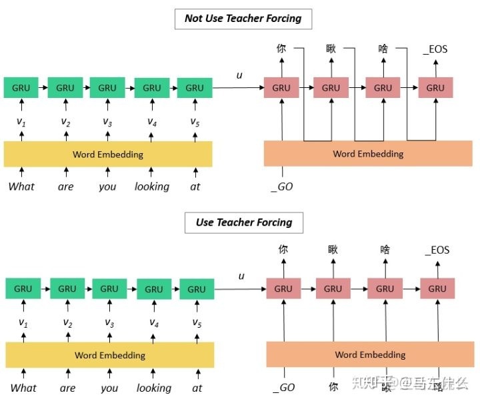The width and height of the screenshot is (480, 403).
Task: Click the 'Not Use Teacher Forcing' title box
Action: coord(243,19)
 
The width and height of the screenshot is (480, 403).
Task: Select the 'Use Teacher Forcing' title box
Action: coord(244,222)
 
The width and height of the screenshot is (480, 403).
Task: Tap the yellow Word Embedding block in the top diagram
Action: coord(108,154)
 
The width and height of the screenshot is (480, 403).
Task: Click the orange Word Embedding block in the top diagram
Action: coord(368,154)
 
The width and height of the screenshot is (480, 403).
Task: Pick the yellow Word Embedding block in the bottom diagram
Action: coord(110,355)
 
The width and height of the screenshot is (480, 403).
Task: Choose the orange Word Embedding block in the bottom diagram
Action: coord(370,354)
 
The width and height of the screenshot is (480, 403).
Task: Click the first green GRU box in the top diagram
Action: coord(21,87)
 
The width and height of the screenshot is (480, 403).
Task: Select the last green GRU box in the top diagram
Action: coord(195,87)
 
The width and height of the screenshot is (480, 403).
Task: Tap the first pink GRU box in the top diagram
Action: coord(281,87)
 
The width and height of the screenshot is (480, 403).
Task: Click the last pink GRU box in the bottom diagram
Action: coord(437,289)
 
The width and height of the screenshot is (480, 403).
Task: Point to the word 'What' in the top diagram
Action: coord(21,187)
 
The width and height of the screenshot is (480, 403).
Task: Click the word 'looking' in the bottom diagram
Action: coord(154,388)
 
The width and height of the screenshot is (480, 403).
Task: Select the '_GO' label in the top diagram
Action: coord(282,187)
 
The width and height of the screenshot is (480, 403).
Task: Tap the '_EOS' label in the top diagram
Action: coord(435,49)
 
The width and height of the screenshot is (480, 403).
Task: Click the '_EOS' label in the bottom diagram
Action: coord(437,250)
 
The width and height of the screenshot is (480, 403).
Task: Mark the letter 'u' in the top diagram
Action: coord(239,75)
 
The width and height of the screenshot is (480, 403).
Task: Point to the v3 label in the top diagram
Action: coord(107,121)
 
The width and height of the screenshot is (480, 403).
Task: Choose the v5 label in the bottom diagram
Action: coord(197,322)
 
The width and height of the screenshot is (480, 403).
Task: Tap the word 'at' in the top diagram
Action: coord(195,187)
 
